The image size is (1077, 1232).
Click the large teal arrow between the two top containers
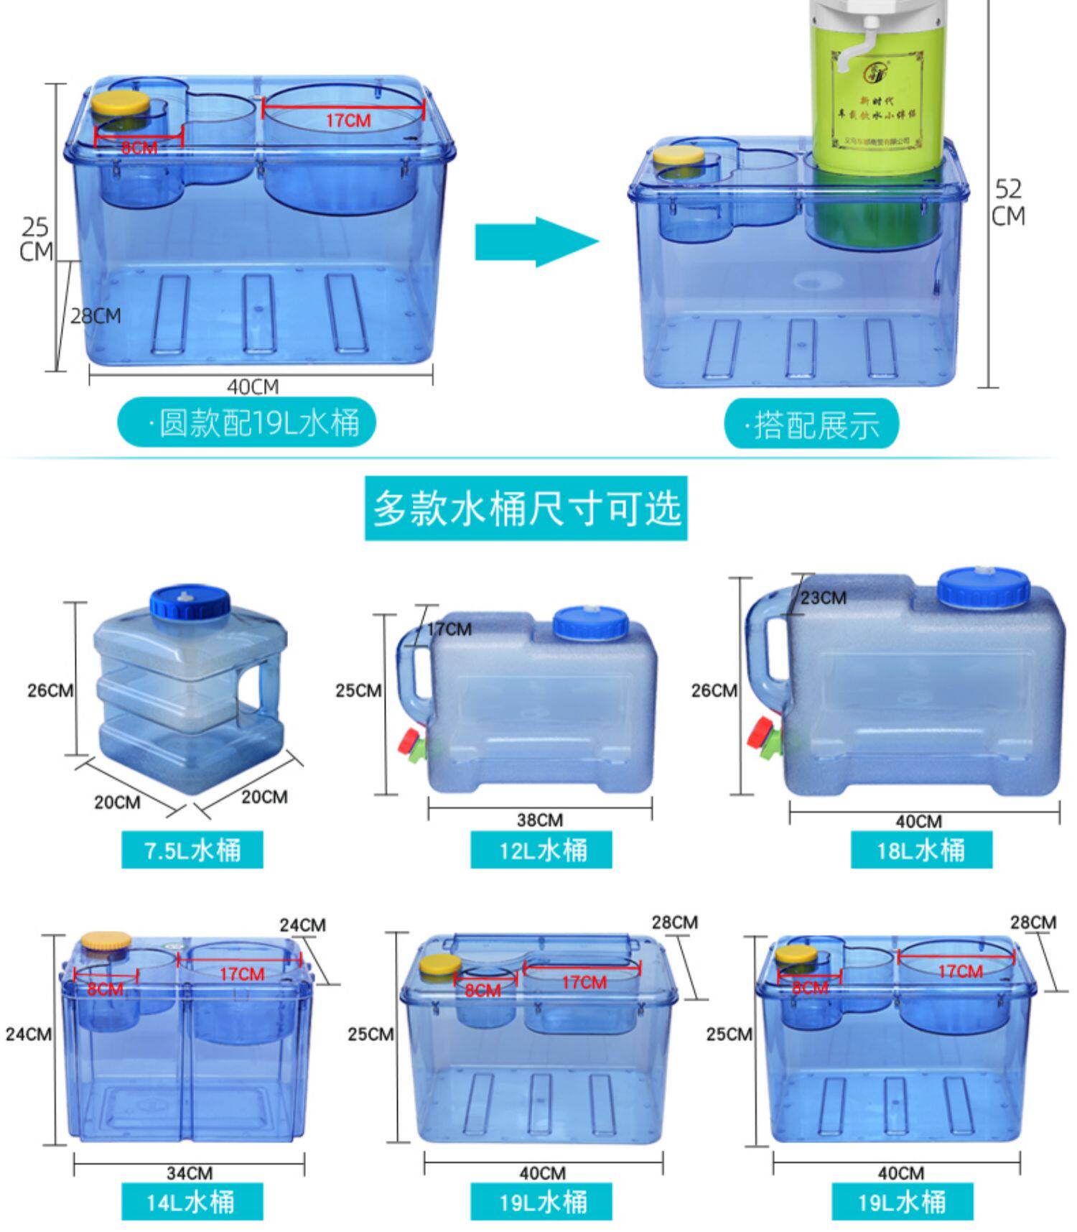click(x=535, y=242)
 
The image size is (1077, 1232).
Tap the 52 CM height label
click(x=1008, y=202)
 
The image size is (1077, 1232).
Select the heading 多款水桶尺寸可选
click(x=526, y=508)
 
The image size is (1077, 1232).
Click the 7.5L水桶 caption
click(x=192, y=850)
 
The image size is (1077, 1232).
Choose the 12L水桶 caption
click(x=541, y=850)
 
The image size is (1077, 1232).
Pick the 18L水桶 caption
click(x=921, y=850)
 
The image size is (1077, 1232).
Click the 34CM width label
click(x=190, y=1172)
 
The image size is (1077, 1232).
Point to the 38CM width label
click(x=540, y=820)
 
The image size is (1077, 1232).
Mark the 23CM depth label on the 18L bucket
click(x=823, y=598)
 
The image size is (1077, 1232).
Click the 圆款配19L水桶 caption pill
click(x=246, y=422)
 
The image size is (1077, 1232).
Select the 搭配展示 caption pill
click(x=811, y=424)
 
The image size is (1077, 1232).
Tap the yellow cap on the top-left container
click(x=120, y=104)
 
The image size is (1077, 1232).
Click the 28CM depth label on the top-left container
click(x=95, y=316)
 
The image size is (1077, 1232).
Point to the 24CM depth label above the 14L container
click(x=302, y=925)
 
